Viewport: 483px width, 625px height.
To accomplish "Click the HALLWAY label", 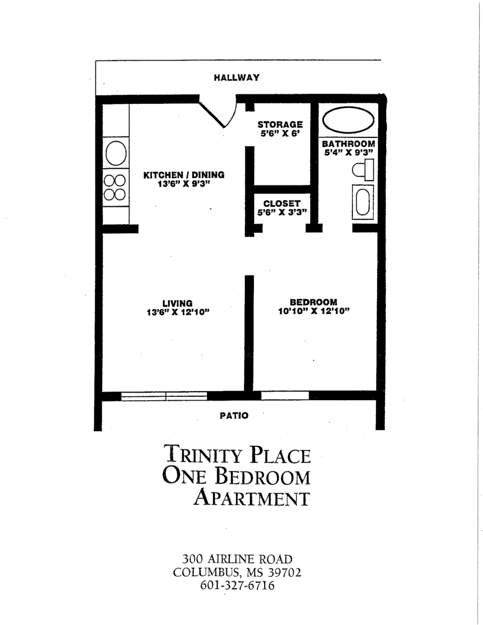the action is (237, 78).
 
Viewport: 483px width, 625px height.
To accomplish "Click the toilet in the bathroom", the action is (363, 170).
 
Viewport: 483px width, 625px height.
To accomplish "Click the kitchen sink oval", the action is (116, 153).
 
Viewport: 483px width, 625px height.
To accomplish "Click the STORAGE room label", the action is (280, 124).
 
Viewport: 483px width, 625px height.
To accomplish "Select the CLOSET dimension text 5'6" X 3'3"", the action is (282, 212).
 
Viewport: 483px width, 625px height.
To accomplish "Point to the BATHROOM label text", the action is (348, 143).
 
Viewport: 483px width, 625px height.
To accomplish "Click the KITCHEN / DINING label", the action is (184, 175).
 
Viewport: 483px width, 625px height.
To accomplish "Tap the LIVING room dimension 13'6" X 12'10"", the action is (178, 312).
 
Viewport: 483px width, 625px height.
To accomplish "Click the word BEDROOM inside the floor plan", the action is (314, 302).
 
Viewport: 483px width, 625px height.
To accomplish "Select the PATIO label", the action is (234, 416).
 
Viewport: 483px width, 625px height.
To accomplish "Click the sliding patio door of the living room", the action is (164, 396).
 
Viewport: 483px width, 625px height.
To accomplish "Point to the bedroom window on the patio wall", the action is (285, 396).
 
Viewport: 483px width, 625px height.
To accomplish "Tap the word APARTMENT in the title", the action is (252, 497).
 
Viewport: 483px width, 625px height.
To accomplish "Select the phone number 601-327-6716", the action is (237, 585).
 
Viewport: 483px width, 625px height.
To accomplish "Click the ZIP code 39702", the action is (285, 572).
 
